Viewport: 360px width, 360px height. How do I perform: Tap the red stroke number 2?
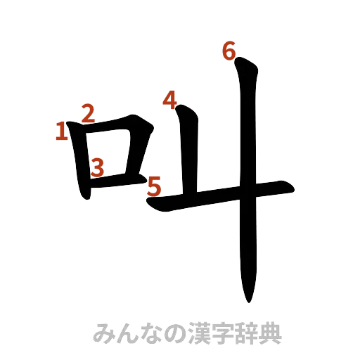coord(87,112)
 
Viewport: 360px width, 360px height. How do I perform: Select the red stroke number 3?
coord(98,167)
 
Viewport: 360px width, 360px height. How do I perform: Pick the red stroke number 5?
coord(155,186)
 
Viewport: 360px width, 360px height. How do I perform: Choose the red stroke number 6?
coord(228,51)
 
